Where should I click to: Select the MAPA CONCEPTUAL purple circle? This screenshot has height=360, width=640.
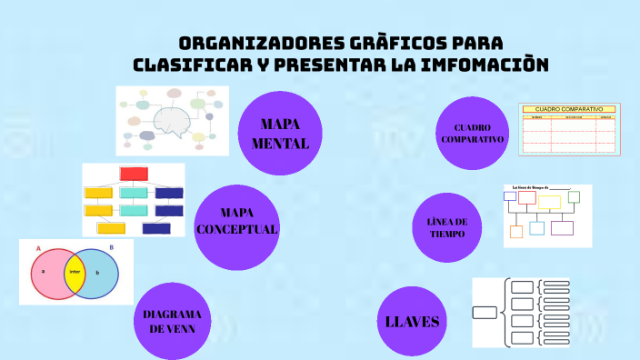point(236,227)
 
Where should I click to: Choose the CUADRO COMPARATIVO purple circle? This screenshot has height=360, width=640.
point(472,133)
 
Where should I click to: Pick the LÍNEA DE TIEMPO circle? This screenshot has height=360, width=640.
point(446,227)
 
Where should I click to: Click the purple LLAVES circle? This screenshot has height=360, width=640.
point(413,321)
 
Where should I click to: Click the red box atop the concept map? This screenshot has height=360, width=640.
point(134,174)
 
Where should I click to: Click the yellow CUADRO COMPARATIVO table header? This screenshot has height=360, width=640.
point(568,109)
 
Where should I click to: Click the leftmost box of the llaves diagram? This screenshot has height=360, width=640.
point(485,314)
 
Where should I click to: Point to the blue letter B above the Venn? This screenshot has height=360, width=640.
point(111,247)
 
